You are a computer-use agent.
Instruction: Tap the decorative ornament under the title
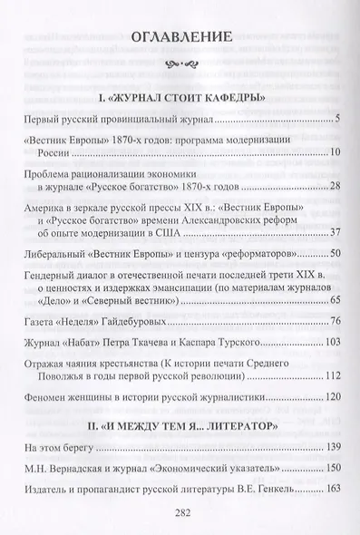click(180, 64)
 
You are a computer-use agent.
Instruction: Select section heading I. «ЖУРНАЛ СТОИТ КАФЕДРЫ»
click(180, 95)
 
